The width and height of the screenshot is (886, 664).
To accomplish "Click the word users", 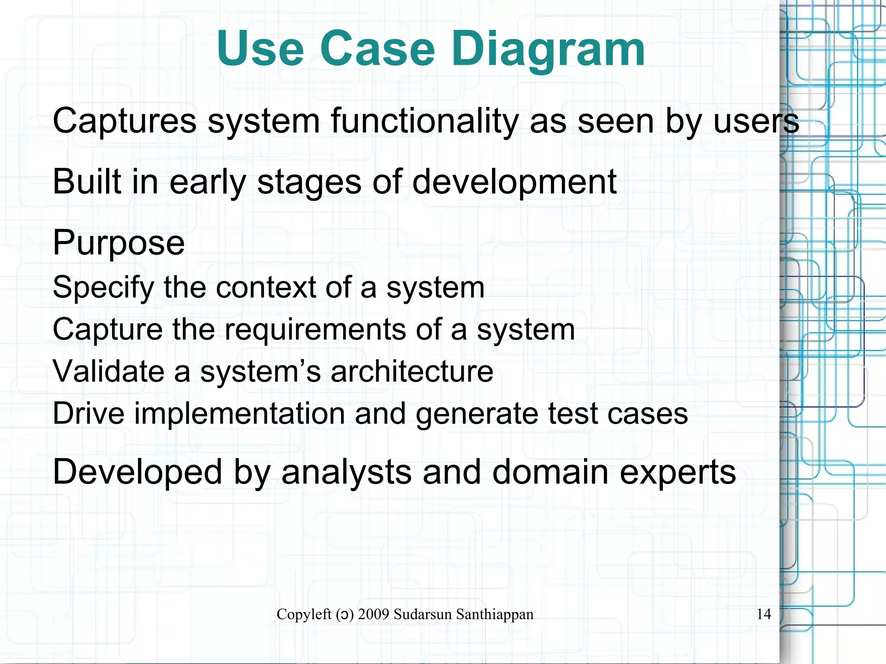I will point(756,121).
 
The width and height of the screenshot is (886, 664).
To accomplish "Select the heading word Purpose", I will point(119,243).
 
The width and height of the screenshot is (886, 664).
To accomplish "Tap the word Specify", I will point(103,288).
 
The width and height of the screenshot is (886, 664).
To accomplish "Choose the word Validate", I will point(108,371).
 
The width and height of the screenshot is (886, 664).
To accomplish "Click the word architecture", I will point(412,371).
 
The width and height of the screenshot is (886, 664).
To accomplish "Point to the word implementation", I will point(239,414).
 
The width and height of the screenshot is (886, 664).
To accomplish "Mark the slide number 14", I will point(764,614).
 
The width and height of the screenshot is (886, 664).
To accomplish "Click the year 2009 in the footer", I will point(373,614).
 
